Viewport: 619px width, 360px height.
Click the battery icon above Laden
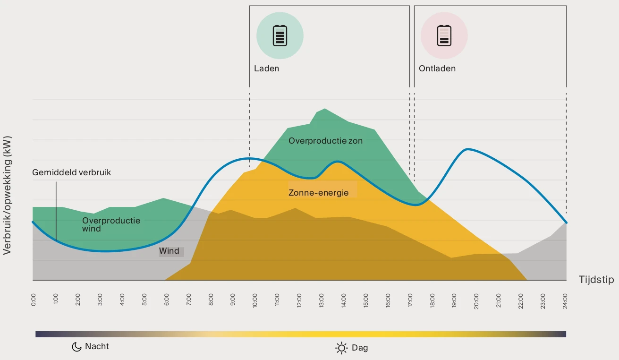[x=280, y=35]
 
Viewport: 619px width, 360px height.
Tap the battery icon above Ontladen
[x=444, y=35]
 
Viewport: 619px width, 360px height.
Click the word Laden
[x=266, y=69]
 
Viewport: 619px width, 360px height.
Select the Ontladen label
[x=437, y=69]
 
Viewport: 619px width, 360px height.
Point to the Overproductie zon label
[x=326, y=141]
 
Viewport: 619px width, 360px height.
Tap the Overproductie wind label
[x=111, y=224]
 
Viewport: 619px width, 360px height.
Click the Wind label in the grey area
[x=169, y=251]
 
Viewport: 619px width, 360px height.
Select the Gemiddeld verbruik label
[x=72, y=172]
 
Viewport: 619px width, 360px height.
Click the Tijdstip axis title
[x=596, y=280]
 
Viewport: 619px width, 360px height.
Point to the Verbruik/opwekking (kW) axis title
[x=7, y=196]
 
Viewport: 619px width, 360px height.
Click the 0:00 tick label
[x=33, y=300]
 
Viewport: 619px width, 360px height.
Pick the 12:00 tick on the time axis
[x=299, y=300]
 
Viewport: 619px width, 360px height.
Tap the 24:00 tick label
[x=566, y=300]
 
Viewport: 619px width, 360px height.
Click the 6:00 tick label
[x=166, y=300]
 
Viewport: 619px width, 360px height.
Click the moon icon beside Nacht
[x=76, y=347]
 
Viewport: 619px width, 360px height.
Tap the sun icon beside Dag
[x=341, y=348]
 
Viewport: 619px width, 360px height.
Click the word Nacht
[x=97, y=346]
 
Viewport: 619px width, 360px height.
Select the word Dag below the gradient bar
[x=360, y=348]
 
